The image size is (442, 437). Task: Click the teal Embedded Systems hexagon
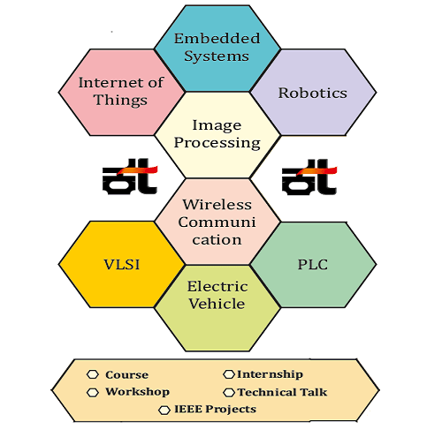point(217,49)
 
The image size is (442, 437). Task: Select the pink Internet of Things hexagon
point(122,93)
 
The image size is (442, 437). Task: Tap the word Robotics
point(313,93)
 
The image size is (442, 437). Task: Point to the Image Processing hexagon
point(217,135)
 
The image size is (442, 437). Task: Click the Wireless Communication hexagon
point(217,222)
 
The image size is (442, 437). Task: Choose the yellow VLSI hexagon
point(122,264)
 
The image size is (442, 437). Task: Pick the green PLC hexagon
point(313,265)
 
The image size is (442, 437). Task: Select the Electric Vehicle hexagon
point(217,308)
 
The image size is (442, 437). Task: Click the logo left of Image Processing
point(130,177)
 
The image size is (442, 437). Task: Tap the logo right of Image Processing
point(309,177)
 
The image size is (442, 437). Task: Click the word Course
point(126,375)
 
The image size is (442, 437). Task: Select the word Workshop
point(138,392)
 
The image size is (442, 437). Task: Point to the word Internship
point(270,374)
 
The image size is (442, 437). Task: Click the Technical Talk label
point(282,392)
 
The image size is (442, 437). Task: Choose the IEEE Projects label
point(216,409)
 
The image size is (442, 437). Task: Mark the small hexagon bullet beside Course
point(93,374)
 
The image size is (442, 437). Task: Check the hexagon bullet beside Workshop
point(93,393)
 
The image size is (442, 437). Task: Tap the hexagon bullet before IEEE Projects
point(164,411)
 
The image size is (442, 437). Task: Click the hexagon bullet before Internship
point(229,374)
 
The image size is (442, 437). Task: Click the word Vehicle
point(217,304)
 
